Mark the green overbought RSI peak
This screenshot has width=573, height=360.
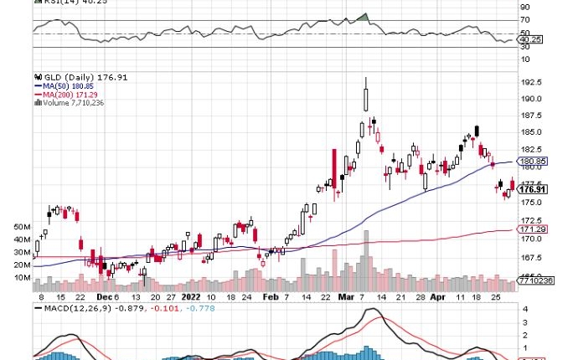click(362, 17)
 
